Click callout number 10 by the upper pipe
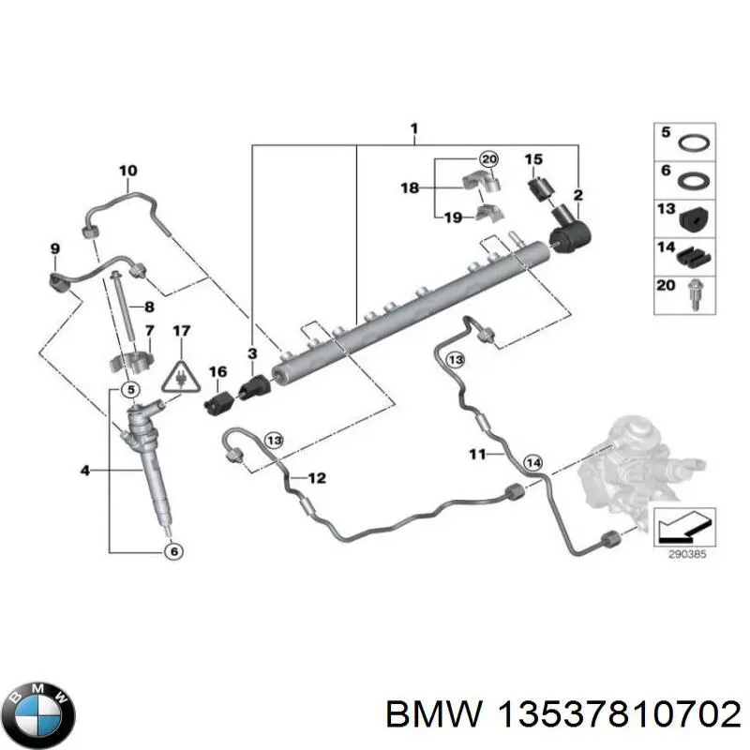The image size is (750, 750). coord(127,171)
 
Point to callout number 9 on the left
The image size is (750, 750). coord(54,247)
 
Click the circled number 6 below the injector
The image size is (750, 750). coord(172,552)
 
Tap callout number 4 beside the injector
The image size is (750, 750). coord(85,471)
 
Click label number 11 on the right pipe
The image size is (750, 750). coord(478,455)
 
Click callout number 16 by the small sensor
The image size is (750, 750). coord(217,372)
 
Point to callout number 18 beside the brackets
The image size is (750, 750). coord(411,187)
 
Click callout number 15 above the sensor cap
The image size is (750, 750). coord(533,159)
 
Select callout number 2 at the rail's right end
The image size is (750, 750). coord(578,195)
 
